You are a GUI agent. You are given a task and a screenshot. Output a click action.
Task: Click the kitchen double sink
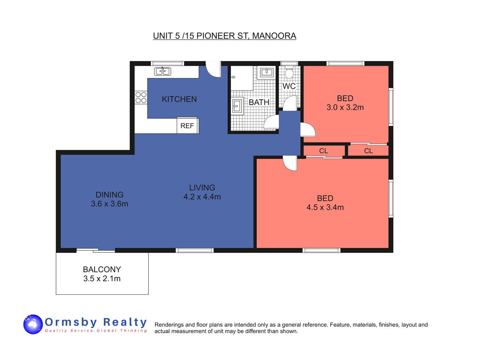click(x=162, y=71)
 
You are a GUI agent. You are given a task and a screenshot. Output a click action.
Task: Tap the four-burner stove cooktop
click(x=141, y=98)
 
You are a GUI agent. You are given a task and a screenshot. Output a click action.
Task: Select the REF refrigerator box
click(x=188, y=125)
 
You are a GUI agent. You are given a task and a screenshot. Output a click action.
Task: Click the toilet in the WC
click(x=289, y=72)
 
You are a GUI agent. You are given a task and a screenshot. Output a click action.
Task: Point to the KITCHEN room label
click(x=179, y=99)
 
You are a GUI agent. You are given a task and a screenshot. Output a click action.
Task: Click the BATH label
click(x=259, y=102)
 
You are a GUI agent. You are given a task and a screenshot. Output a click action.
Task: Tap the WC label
click(x=289, y=86)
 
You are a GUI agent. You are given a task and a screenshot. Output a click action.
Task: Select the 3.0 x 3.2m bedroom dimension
click(x=345, y=107)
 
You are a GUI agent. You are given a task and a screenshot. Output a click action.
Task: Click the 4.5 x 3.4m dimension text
click(x=325, y=207)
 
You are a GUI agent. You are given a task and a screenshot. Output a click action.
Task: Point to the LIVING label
click(x=202, y=188)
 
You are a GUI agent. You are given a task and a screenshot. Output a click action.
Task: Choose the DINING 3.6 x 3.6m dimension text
click(x=110, y=204)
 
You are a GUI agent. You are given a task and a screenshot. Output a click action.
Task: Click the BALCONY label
click(x=102, y=270)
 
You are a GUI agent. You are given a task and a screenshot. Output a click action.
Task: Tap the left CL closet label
click(x=324, y=151)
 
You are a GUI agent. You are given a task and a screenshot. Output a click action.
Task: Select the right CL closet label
click(x=368, y=151)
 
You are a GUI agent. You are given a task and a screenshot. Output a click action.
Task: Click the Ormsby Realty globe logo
click(x=33, y=324)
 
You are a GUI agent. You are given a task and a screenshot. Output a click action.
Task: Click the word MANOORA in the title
click(x=274, y=36)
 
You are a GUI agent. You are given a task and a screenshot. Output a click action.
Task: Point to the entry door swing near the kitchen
click(x=213, y=69)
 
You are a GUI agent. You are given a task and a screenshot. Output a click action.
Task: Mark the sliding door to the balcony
click(x=96, y=250)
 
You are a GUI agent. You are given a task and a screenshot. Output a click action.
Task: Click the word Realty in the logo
click(x=125, y=322)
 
